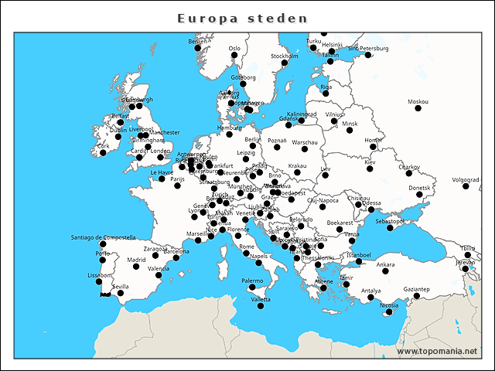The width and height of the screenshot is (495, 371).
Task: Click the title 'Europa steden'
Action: [x=242, y=18]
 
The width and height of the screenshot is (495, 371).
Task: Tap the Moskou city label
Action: [x=418, y=102]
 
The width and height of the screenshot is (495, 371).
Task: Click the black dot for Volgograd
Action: [x=466, y=186]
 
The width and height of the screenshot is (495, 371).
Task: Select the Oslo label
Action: [x=234, y=48]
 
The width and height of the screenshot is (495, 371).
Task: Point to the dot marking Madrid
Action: [x=136, y=267]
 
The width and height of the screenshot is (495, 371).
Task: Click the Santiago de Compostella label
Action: [x=103, y=237]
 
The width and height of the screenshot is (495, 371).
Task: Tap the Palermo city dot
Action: [x=252, y=288]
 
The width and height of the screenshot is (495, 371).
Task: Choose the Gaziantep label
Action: [x=416, y=288]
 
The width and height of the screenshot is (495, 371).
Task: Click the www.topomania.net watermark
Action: [x=437, y=351]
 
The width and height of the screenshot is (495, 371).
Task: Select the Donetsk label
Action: [x=420, y=188]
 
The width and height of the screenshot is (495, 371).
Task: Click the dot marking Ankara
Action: [x=385, y=271]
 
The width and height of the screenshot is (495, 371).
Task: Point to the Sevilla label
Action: [x=121, y=286]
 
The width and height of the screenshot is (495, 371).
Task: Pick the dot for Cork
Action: [x=103, y=152]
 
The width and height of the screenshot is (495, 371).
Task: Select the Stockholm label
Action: [x=285, y=56]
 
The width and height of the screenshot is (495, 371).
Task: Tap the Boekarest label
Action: [x=340, y=223]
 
